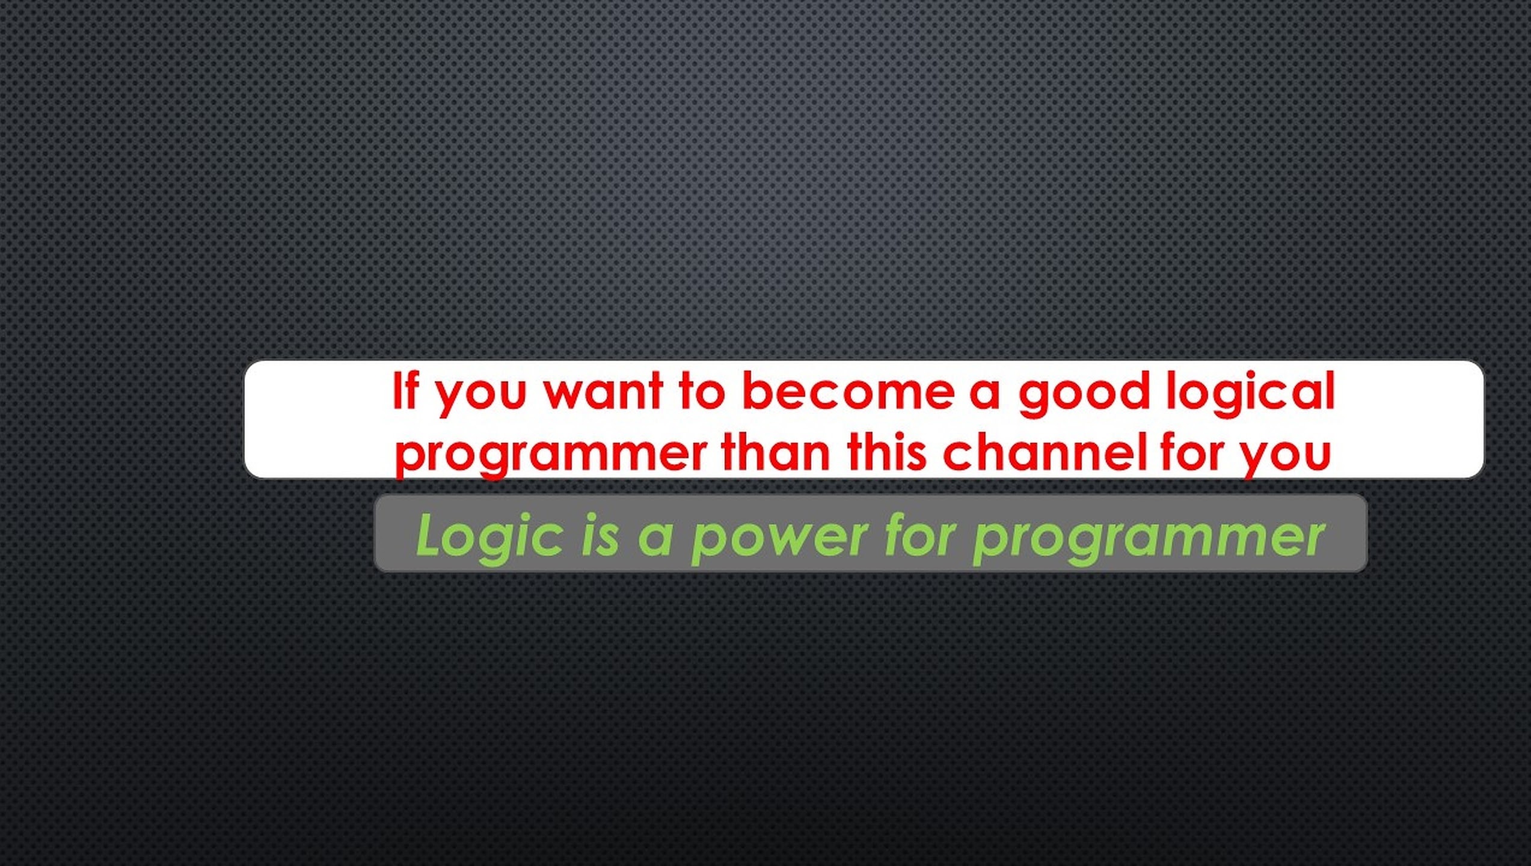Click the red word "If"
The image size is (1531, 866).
pyautogui.click(x=405, y=390)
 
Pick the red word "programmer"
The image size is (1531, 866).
pyautogui.click(x=551, y=456)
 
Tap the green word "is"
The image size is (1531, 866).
pyautogui.click(x=600, y=535)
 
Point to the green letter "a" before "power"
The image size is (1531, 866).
pyautogui.click(x=655, y=538)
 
